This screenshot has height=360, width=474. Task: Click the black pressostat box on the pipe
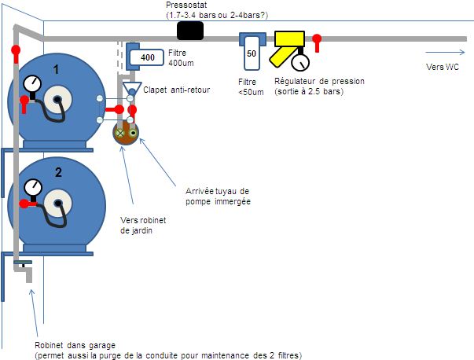(x=190, y=31)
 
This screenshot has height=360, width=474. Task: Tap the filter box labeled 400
(x=147, y=57)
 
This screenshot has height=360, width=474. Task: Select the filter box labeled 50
(x=252, y=53)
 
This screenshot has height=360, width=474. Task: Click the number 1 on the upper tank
(x=56, y=70)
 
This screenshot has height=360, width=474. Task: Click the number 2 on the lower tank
(x=57, y=171)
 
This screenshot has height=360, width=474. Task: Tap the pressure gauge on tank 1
(x=31, y=83)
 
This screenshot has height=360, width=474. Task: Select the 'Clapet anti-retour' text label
(x=176, y=90)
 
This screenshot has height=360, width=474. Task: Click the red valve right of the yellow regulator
(x=316, y=41)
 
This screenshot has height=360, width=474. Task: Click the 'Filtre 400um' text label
(x=182, y=57)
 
